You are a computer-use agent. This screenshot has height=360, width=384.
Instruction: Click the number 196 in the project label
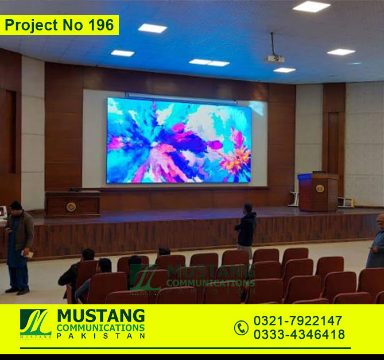pos(101,25)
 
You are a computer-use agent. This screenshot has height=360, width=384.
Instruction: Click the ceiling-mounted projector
pos(276,59)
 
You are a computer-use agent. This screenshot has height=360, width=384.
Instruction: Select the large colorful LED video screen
pos(179,141)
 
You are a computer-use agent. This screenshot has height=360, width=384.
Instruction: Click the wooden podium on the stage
pos(319,192)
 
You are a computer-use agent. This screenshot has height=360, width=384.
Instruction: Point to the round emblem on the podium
pos(320,188)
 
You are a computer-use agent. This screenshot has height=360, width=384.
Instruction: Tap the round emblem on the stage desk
pos(71,207)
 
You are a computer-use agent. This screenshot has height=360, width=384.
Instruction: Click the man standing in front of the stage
pos(246,228)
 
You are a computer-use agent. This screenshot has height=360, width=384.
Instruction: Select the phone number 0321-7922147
pos(297,320)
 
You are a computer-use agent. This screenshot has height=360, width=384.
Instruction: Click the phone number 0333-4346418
pos(299,334)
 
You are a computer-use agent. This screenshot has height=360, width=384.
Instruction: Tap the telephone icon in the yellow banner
pos(241,328)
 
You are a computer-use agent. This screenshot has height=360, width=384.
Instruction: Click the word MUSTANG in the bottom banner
pos(101,316)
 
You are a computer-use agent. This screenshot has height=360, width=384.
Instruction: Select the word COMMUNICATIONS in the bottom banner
pos(100,328)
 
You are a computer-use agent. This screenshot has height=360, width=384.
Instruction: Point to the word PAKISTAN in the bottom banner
pos(101,336)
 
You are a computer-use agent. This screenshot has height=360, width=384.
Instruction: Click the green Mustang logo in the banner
pos(36,323)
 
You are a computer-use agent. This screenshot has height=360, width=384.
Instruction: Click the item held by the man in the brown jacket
pos(28,254)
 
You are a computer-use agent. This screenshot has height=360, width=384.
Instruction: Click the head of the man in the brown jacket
pos(15,206)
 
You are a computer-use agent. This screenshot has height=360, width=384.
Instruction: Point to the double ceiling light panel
pos(209,63)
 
